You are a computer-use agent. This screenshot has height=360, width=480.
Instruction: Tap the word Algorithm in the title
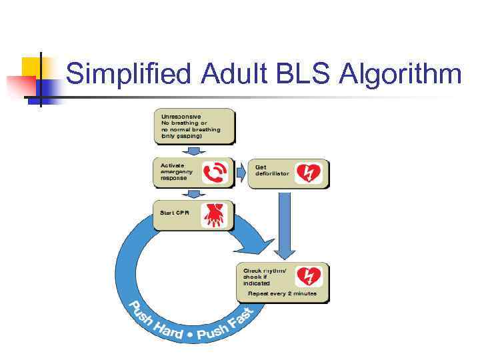400,74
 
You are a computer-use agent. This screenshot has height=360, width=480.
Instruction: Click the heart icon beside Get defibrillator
308,173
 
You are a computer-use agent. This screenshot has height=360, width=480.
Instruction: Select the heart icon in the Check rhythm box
309,276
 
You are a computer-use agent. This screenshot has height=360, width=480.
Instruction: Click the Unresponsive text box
194,126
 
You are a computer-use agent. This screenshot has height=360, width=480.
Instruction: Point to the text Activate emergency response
177,172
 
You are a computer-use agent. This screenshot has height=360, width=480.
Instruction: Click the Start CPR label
175,213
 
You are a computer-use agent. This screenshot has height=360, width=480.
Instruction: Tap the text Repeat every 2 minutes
282,293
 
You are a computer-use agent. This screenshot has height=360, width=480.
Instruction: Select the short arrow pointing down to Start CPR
194,194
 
